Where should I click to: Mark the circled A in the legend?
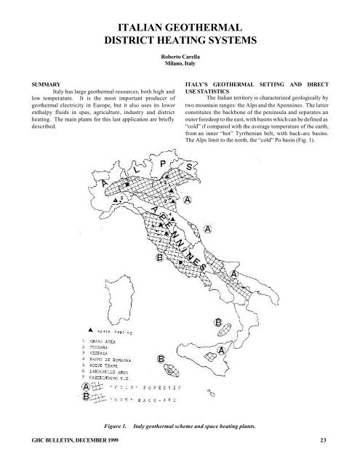(86, 387)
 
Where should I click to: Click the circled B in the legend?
(86, 399)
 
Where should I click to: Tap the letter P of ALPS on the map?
(162, 166)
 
